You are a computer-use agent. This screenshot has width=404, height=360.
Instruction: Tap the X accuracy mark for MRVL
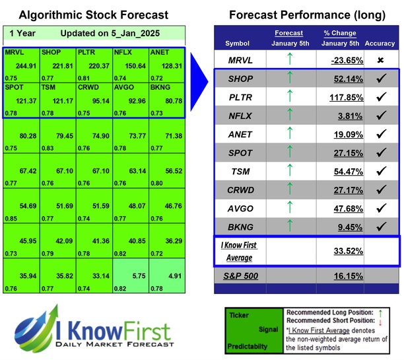click(x=380, y=60)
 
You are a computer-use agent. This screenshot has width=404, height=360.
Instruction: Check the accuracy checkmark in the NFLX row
click(x=380, y=116)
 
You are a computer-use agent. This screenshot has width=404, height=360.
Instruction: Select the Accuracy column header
click(x=380, y=44)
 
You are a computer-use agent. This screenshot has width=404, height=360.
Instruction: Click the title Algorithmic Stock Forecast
click(x=94, y=15)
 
